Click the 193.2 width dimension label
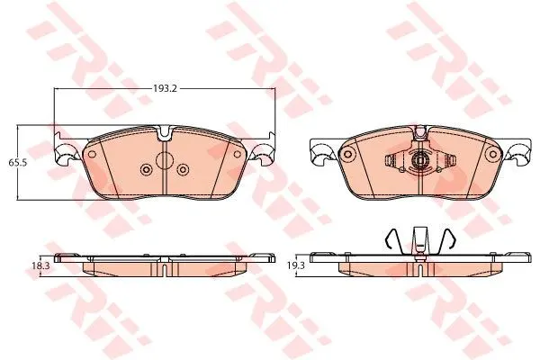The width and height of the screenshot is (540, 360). coord(165,88)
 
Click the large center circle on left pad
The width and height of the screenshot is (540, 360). coord(165,159)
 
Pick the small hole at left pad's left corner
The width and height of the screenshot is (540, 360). coord(92,154)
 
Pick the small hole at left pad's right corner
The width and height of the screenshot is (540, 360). coord(237,154)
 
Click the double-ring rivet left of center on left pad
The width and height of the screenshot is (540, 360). coord(147,169)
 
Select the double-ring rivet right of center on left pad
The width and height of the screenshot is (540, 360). coord(183,169)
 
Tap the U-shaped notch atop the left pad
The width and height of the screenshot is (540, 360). coord(165,134)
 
